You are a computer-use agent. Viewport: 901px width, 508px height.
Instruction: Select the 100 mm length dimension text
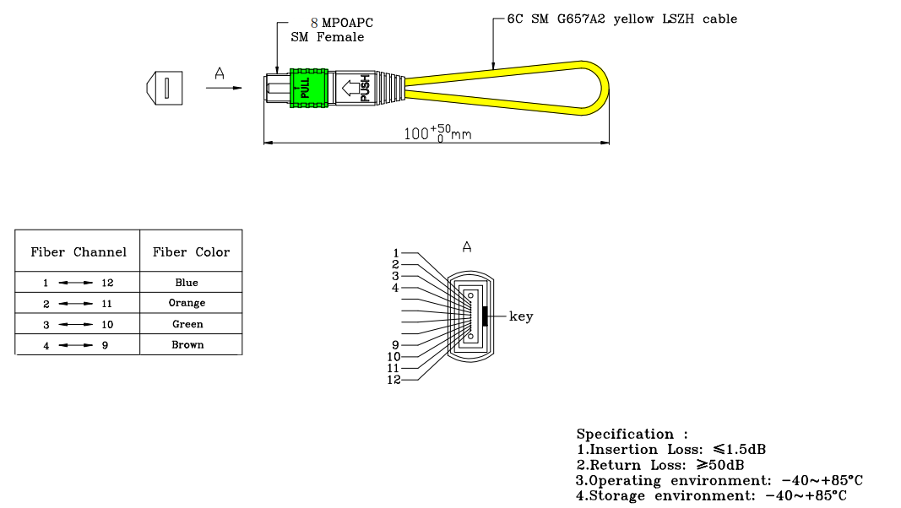tap(437, 132)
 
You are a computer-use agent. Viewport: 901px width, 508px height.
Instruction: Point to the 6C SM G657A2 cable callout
tap(621, 19)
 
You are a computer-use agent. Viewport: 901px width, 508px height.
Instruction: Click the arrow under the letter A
tap(223, 87)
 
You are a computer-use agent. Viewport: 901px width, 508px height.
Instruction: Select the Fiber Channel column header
tap(79, 252)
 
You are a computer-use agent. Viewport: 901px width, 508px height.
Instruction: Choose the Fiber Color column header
tap(191, 252)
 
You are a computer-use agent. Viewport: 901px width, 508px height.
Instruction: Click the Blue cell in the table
tap(187, 283)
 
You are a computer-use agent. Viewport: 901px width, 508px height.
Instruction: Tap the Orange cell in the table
tap(187, 303)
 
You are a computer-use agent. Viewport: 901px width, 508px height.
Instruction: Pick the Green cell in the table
tap(187, 324)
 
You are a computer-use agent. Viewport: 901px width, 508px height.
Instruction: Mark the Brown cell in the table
tap(187, 344)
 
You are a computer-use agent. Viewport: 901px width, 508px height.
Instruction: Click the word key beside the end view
tap(521, 316)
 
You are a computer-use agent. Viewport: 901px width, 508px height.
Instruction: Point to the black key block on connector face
tap(484, 316)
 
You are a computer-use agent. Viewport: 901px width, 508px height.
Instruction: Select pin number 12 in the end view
tap(394, 381)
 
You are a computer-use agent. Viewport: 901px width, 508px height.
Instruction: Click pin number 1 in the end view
tap(395, 252)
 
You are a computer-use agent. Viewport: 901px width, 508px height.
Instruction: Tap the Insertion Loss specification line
tap(671, 450)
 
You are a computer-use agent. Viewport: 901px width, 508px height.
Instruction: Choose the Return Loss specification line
tap(660, 465)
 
